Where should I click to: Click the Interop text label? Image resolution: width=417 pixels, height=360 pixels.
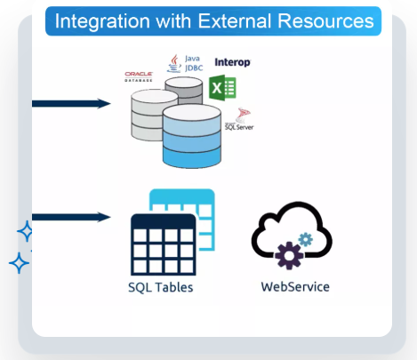233,62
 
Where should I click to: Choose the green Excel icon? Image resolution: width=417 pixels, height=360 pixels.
222,88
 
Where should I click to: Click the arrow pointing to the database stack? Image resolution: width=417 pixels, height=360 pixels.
71,104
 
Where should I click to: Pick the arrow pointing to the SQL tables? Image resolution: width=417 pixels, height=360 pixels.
71,217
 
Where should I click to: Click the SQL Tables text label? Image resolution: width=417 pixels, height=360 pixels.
161,288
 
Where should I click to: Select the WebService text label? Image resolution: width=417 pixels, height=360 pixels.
295,287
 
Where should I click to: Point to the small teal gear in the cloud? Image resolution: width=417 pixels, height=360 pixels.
306,239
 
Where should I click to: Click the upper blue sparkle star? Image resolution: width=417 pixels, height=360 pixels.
26,233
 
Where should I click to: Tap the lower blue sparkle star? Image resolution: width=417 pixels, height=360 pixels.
18,263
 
